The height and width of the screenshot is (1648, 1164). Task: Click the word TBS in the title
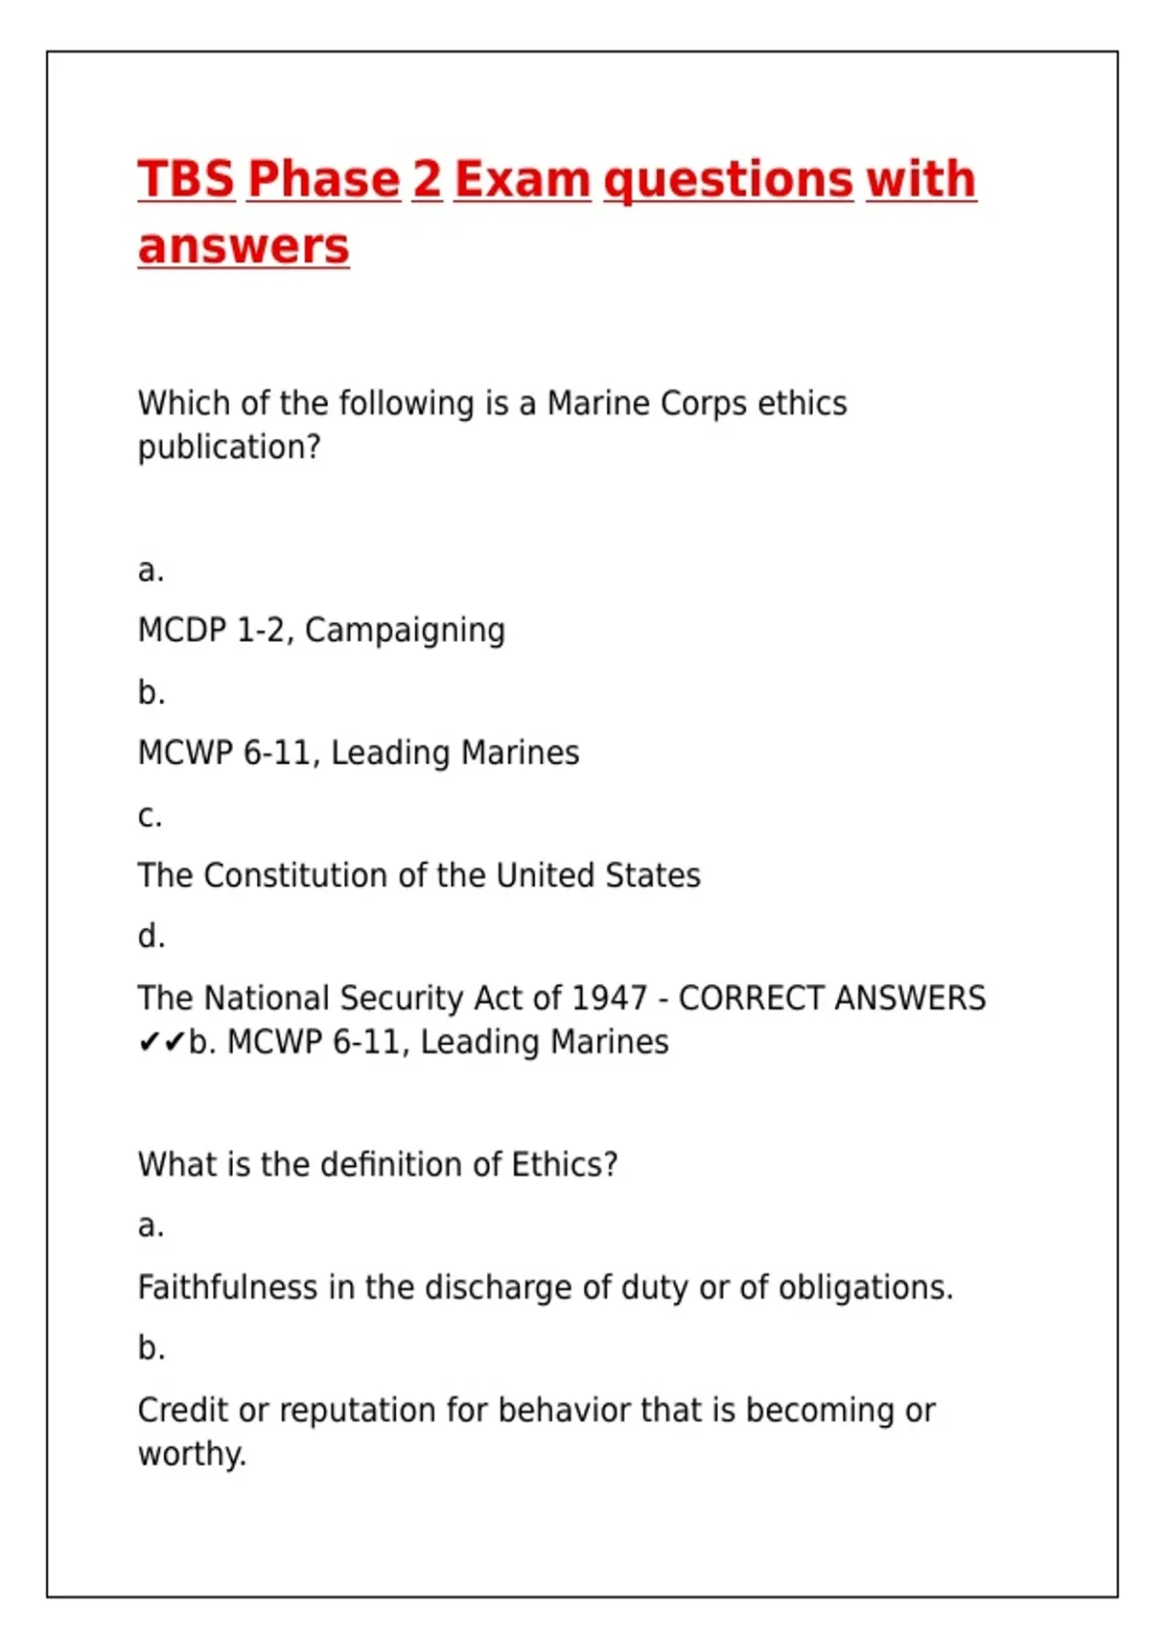pyautogui.click(x=186, y=179)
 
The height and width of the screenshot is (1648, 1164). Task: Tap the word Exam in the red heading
pyautogui.click(x=522, y=179)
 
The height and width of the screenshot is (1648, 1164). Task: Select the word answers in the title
pyautogui.click(x=242, y=246)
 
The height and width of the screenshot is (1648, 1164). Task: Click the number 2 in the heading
pyautogui.click(x=427, y=179)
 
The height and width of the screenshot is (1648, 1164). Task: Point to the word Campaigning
pyautogui.click(x=404, y=631)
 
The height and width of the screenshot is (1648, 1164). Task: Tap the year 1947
pyautogui.click(x=609, y=998)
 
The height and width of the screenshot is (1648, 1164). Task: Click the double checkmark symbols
pyautogui.click(x=161, y=1043)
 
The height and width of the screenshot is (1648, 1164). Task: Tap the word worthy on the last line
pyautogui.click(x=191, y=1454)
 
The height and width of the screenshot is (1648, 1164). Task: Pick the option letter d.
pyautogui.click(x=150, y=936)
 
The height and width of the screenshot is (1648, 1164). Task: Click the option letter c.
pyautogui.click(x=149, y=816)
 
